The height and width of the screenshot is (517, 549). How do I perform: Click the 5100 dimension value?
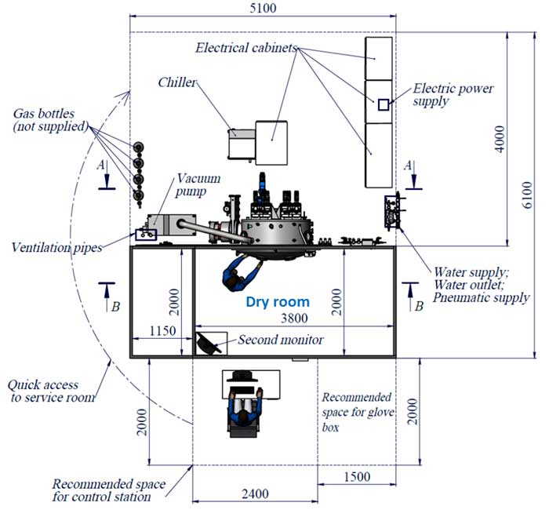coord(263,8)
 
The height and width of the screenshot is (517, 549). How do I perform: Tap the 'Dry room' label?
coord(278,301)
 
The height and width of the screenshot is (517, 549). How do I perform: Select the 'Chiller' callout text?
coord(177,82)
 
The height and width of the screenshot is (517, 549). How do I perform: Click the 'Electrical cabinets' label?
coord(246,48)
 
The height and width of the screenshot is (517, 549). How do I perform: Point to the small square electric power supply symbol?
coord(384,104)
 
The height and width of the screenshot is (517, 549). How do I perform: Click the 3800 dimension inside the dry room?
coord(294,318)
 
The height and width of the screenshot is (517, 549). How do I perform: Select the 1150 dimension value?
coord(162,330)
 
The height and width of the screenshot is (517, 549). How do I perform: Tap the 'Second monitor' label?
coord(281,340)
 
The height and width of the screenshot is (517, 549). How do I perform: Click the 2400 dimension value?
coord(255,494)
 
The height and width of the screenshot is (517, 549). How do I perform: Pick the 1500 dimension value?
coord(357,477)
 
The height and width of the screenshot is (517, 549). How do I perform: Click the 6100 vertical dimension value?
coord(527,195)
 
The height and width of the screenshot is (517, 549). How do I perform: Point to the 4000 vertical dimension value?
coord(500,139)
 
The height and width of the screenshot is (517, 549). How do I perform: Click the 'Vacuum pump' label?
coord(198,184)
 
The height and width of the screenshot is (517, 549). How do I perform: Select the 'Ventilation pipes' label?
coord(56,247)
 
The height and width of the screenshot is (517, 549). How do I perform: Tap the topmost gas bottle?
coord(139,147)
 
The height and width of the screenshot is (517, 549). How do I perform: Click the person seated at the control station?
coord(245,412)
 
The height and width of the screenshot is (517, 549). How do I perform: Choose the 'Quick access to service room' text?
coord(52,391)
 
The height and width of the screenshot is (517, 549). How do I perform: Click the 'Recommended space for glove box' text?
coord(358,412)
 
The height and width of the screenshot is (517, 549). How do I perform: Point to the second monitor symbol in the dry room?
coord(208,344)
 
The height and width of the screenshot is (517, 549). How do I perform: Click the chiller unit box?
coord(242,144)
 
